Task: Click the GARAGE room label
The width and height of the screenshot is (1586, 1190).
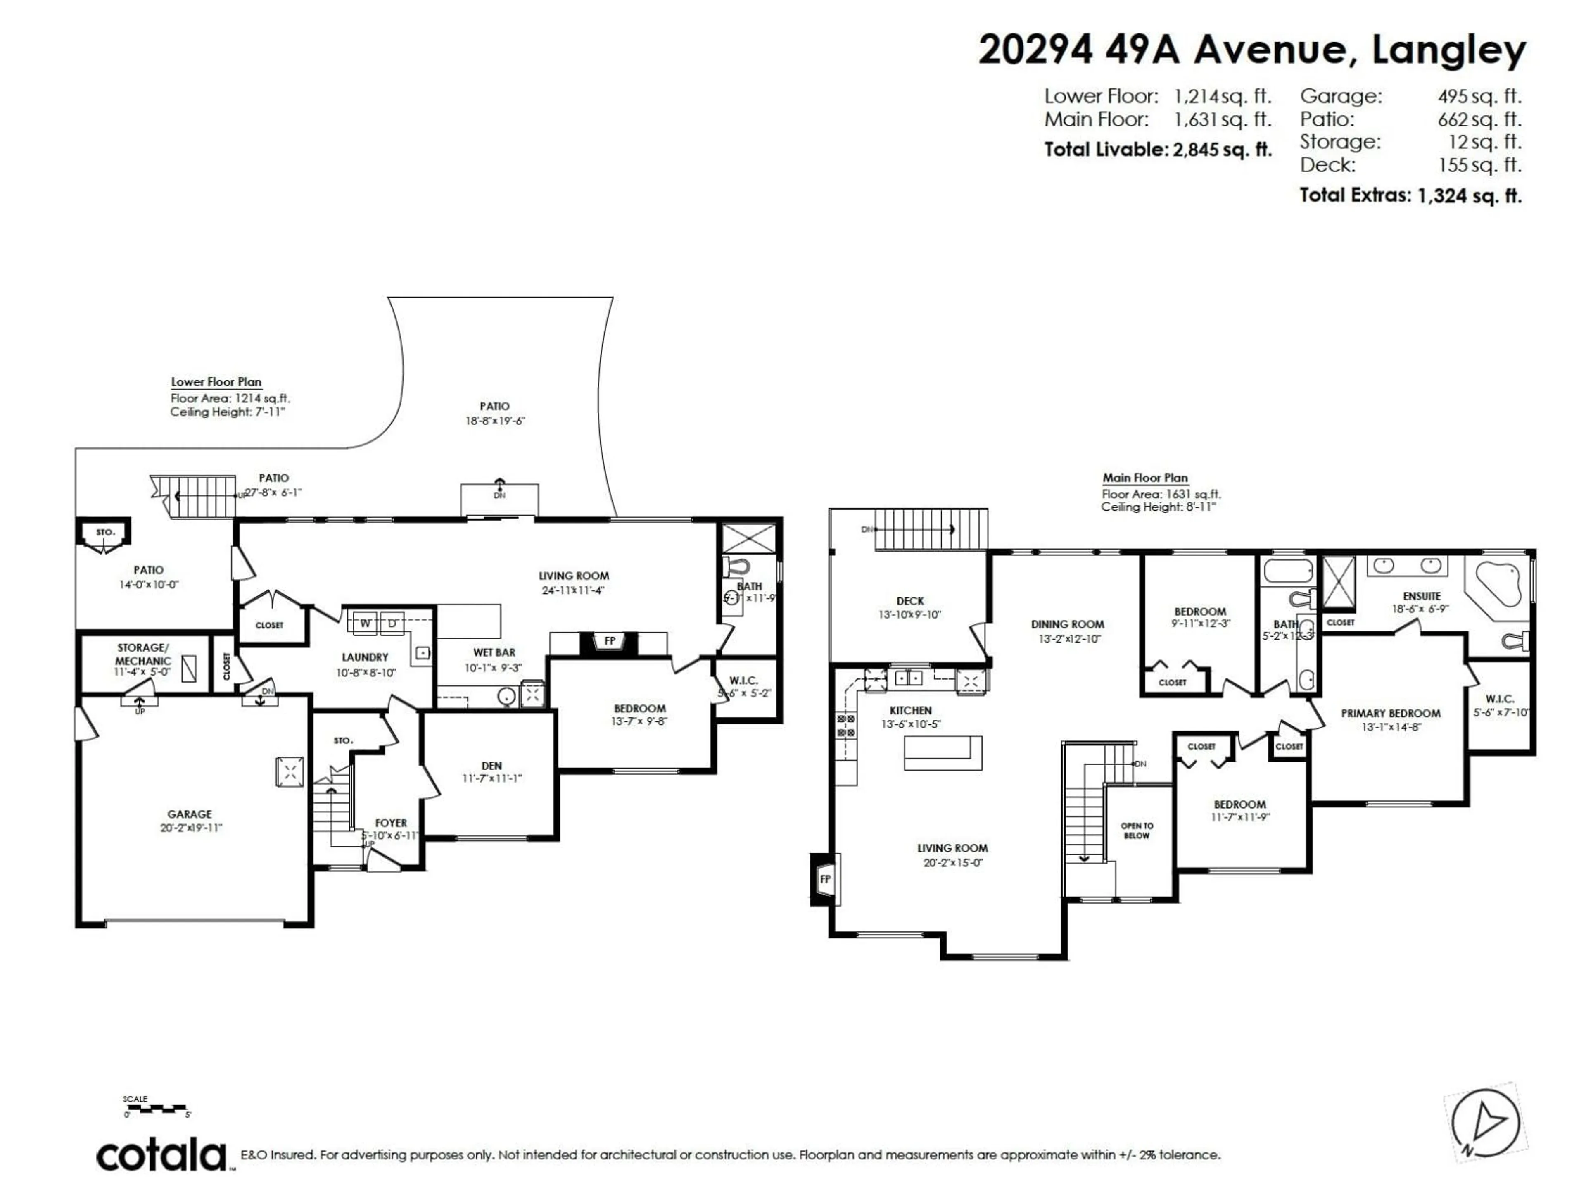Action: (189, 814)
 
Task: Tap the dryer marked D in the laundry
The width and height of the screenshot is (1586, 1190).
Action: (392, 623)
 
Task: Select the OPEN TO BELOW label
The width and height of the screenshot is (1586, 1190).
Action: (1137, 831)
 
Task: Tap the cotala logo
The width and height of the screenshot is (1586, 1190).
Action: (161, 1156)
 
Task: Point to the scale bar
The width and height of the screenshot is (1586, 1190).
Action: (156, 1110)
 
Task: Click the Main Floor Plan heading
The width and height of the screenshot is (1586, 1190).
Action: (1144, 478)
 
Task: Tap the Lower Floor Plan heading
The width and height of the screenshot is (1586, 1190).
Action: (216, 382)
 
